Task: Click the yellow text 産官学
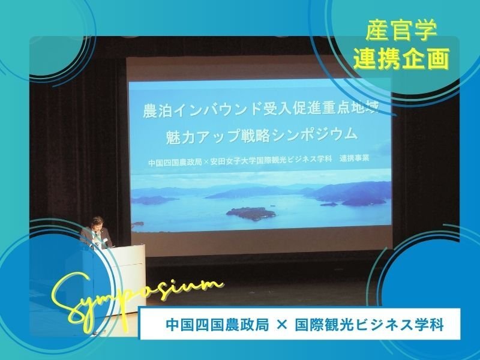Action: pos(401,30)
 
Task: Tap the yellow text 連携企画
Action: pos(401,58)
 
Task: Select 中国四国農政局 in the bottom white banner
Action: pos(217,325)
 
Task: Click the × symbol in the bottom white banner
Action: pos(281,325)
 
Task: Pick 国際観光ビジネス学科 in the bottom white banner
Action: pos(369,325)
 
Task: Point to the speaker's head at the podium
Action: pos(98,223)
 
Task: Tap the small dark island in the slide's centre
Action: pos(251,213)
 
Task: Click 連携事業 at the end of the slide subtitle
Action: pos(354,158)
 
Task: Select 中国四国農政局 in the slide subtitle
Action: pos(175,162)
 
